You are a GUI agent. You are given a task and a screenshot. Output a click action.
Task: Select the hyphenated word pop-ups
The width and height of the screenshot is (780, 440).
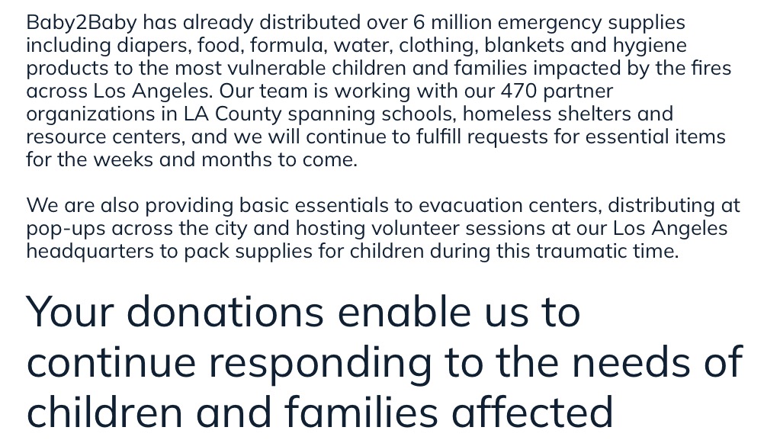click(66, 229)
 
